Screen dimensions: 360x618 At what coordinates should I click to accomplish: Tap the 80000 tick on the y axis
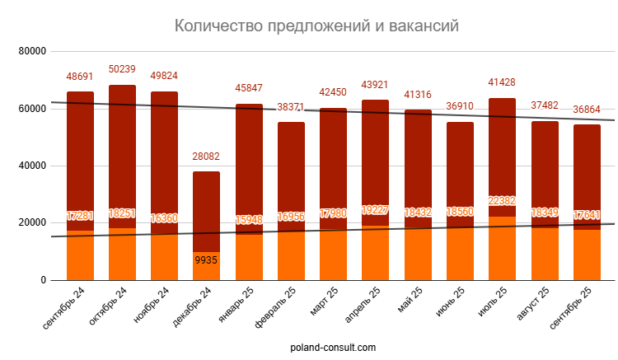point(31,51)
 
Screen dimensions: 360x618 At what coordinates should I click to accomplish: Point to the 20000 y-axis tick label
point(31,223)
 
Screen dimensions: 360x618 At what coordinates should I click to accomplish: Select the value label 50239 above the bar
point(122,69)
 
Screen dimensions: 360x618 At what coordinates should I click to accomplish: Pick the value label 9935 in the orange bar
point(207,260)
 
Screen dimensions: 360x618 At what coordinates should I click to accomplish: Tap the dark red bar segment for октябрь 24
point(122,148)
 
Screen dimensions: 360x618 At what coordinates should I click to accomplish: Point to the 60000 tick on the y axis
point(31,109)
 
